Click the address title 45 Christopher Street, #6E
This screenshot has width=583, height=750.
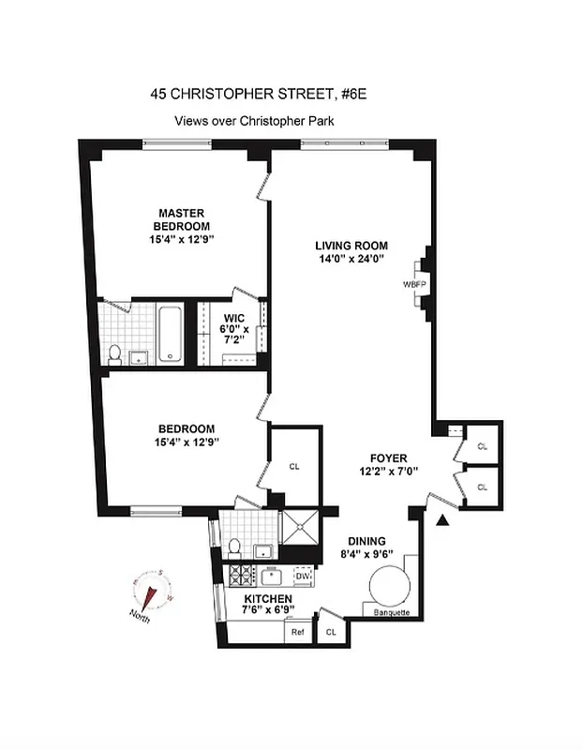point(254,94)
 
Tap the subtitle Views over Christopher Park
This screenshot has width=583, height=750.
point(254,121)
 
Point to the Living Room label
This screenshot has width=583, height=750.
point(351,252)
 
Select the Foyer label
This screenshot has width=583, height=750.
point(389,465)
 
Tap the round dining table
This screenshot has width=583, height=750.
point(389,588)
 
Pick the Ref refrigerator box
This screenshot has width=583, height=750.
point(298,633)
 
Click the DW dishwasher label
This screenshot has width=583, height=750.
point(302,576)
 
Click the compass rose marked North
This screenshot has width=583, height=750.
point(152,592)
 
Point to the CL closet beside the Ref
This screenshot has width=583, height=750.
point(330,632)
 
